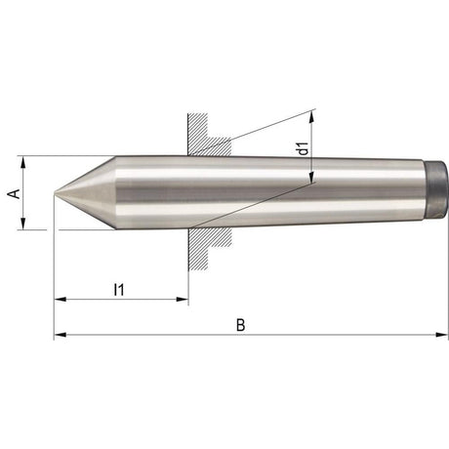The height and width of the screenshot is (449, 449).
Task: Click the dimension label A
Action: (13, 193)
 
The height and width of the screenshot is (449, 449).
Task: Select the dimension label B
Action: (240, 323)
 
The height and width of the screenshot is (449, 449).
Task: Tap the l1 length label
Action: (118, 288)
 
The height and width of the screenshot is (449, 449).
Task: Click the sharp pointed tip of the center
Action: (56, 193)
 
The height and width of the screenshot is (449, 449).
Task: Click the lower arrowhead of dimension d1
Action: (311, 177)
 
